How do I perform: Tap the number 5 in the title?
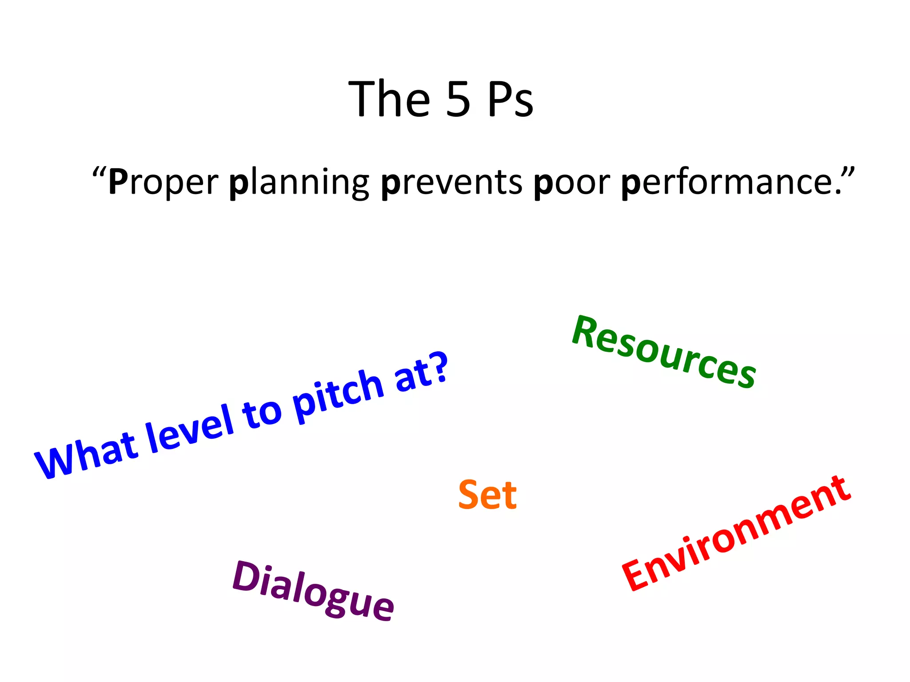(x=458, y=99)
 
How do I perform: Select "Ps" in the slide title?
(x=510, y=99)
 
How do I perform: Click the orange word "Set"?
(x=487, y=495)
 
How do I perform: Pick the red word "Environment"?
(x=736, y=533)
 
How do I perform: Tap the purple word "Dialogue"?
(x=313, y=591)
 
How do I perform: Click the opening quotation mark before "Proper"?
(x=99, y=172)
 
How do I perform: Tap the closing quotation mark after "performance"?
(x=847, y=172)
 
